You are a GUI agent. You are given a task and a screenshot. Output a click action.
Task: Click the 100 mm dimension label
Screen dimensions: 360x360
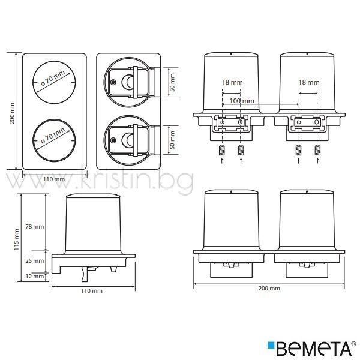point(242,101)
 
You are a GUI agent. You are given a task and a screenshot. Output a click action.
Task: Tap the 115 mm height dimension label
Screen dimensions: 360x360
point(16,239)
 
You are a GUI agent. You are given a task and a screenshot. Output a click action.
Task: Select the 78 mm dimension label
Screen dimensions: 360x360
point(35,227)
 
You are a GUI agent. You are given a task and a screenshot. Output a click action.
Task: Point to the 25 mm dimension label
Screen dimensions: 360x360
point(35,261)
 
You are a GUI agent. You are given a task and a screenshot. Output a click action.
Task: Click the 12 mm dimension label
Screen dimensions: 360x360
point(35,276)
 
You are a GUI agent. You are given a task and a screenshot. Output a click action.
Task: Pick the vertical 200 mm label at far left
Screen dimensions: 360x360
point(12,113)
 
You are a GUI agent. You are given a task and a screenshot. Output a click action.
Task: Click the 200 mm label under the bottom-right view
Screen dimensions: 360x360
point(269,289)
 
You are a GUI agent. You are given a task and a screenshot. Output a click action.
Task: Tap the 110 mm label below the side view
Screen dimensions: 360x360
point(92,291)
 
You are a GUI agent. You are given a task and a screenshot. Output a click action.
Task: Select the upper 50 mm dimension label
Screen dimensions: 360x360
point(172,82)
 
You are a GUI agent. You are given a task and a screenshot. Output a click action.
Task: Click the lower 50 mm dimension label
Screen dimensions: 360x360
point(172,140)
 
